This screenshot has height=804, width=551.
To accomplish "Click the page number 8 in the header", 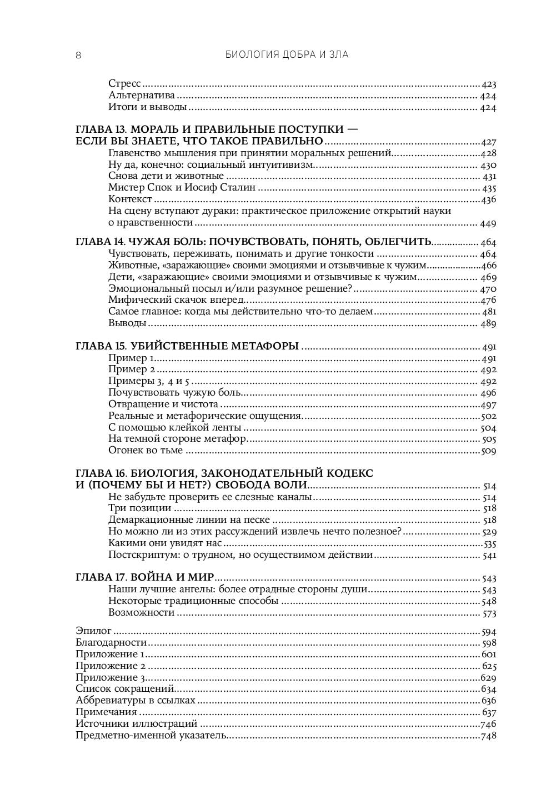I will point(78,54).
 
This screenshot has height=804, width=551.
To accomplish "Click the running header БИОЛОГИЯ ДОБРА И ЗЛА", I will point(287,54).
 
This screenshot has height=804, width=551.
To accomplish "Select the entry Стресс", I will point(125,84).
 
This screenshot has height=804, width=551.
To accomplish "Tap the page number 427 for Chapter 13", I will point(489,142).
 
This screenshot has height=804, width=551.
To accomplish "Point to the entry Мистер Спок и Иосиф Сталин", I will point(182,188).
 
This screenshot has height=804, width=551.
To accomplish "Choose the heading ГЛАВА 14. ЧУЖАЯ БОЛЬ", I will point(253,242).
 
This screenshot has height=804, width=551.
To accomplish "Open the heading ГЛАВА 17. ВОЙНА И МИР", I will point(145,578).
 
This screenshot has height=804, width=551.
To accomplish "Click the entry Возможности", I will point(141,613).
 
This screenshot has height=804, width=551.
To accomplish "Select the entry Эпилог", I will point(93,631).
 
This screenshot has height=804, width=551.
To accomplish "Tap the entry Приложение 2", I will point(111,666).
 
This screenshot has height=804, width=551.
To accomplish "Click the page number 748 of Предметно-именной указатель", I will point(488,736).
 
